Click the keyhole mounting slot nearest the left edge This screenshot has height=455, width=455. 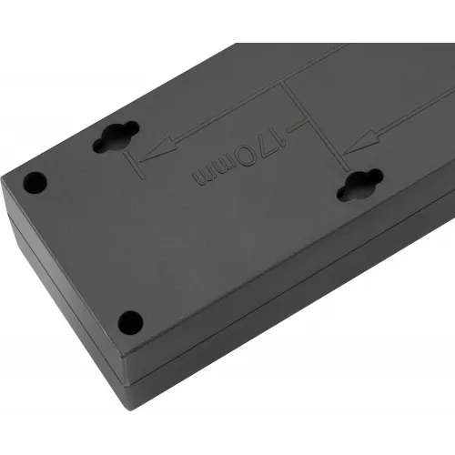[x=116, y=136]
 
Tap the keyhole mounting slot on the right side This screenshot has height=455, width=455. [x=359, y=185]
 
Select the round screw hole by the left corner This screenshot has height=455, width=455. [x=35, y=183]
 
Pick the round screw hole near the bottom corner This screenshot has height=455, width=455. [x=130, y=322]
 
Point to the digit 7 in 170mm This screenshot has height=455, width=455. [x=266, y=147]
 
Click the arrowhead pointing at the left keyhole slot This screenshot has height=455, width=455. [x=158, y=149]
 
